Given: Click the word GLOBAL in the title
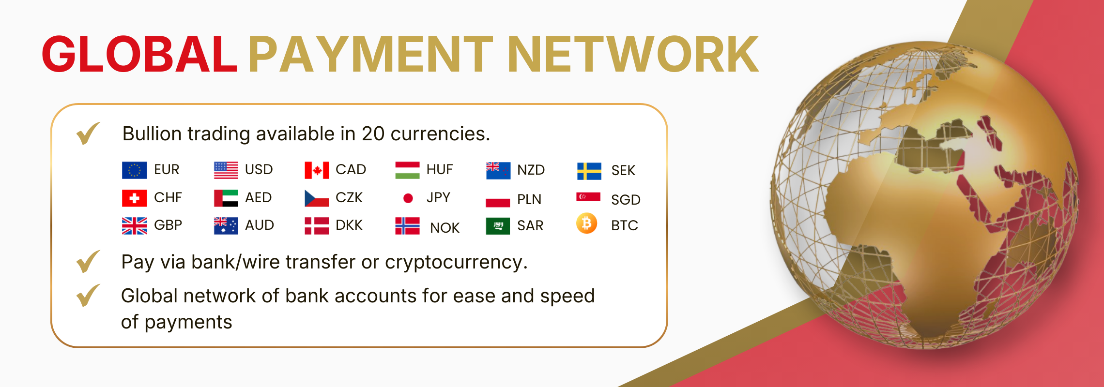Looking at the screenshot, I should click(x=139, y=54).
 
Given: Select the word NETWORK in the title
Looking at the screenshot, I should click(x=633, y=54).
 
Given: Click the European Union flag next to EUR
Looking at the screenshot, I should click(x=134, y=170).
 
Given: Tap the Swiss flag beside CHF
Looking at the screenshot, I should click(x=134, y=198).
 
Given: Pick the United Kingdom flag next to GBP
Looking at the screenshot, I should click(x=134, y=225).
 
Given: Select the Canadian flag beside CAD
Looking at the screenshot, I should click(x=317, y=170).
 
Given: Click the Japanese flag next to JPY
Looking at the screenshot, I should click(x=408, y=198).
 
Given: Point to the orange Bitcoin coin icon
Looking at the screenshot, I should click(x=586, y=223).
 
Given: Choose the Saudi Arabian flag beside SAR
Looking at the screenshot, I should click(x=498, y=226).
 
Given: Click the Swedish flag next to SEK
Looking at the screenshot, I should click(x=589, y=171).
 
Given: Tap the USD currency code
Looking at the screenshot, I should click(x=259, y=170).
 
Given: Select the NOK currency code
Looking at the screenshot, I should click(x=445, y=228).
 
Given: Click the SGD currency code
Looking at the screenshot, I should click(x=626, y=200).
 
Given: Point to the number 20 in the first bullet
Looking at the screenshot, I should click(x=373, y=134).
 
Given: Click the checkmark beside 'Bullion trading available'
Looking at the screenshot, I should click(x=88, y=133).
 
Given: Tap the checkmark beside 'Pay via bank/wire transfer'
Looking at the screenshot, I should click(x=88, y=261).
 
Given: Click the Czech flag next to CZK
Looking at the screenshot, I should click(x=317, y=198).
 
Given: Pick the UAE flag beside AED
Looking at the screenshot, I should click(x=226, y=198).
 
